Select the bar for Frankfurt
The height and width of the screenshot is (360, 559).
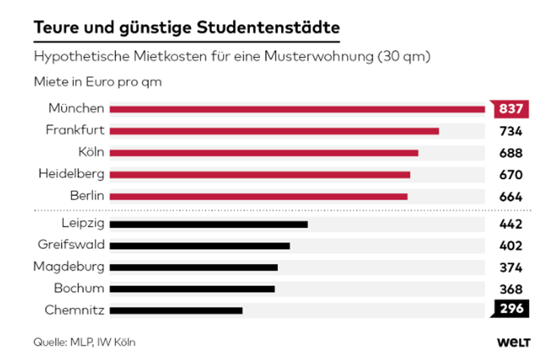[274, 131]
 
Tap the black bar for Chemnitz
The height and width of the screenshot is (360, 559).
[176, 310]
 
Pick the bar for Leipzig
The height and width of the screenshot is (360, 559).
[209, 224]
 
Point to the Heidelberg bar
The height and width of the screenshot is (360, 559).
[260, 174]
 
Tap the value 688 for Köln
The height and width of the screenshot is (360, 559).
[510, 153]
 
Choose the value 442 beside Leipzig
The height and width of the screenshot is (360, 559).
[510, 224]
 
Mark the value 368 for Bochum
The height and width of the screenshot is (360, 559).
[510, 289]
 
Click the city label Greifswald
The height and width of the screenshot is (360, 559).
[71, 245]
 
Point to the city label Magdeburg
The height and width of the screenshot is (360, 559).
[69, 267]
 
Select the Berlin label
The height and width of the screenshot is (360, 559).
[86, 196]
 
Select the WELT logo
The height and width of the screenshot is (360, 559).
[513, 342]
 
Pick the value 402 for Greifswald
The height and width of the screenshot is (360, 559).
[510, 245]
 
